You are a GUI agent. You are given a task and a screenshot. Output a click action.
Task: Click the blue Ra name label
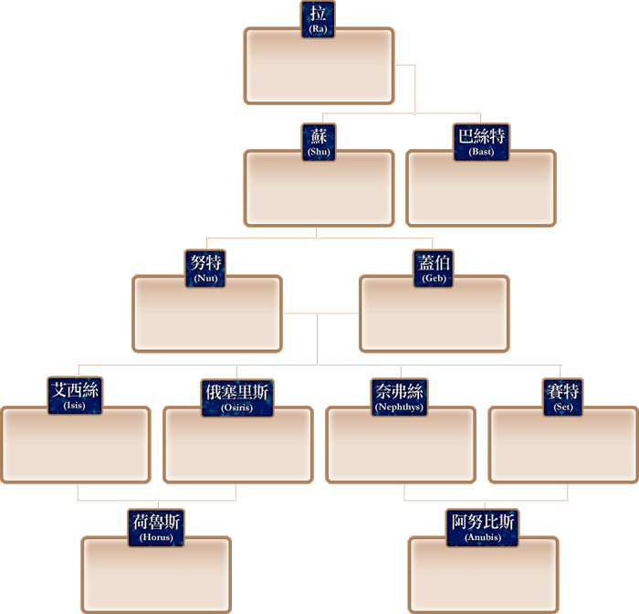pyautogui.click(x=318, y=19)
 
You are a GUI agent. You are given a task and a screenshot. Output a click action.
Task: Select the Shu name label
pyautogui.click(x=319, y=143)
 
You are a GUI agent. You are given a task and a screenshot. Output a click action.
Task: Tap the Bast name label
pyautogui.click(x=481, y=143)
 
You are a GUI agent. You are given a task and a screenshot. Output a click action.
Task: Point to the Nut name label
pyautogui.click(x=206, y=269)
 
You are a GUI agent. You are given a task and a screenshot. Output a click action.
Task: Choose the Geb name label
pyautogui.click(x=434, y=269)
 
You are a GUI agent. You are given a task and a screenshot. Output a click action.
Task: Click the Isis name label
pyautogui.click(x=75, y=397)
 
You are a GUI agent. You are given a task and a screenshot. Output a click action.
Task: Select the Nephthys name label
pyautogui.click(x=400, y=397)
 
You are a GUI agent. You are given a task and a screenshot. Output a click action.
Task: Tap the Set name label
pyautogui.click(x=563, y=397)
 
